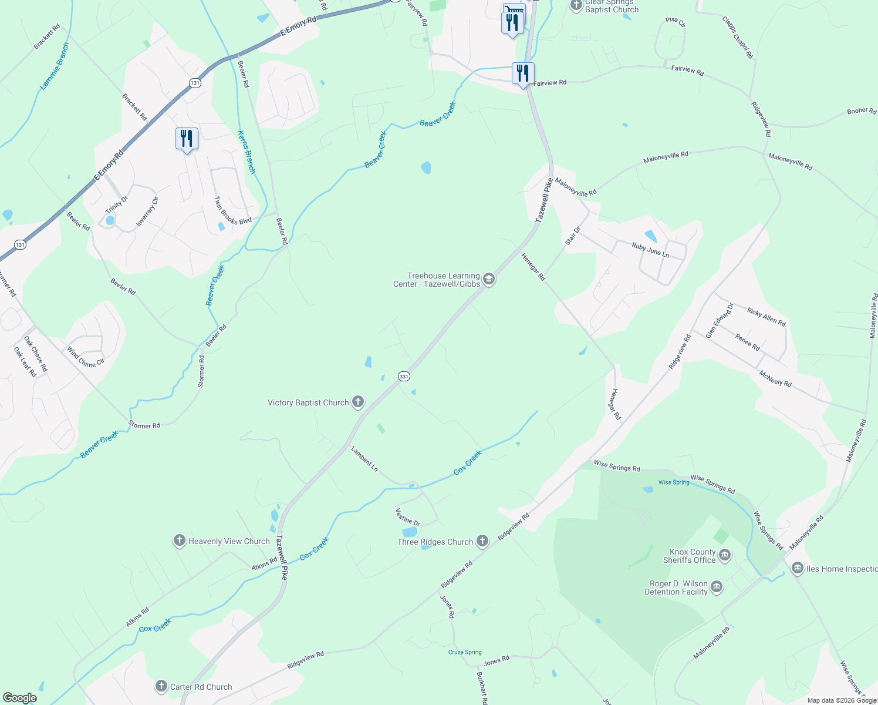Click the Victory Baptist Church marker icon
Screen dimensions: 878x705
(x=357, y=402)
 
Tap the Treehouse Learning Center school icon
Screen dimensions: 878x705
(x=489, y=280)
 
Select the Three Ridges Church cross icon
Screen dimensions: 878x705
(x=482, y=542)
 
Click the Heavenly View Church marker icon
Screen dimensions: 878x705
(x=180, y=541)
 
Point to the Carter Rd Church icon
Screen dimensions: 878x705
(x=161, y=686)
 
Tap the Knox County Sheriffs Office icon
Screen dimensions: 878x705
(x=725, y=556)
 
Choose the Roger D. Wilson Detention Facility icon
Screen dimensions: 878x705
(x=717, y=587)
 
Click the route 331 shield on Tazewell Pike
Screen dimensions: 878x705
(x=403, y=376)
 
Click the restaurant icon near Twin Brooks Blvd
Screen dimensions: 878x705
(x=187, y=139)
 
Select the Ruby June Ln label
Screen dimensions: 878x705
(x=650, y=250)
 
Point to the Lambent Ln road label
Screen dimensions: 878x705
(x=364, y=459)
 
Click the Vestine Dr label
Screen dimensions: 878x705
(x=408, y=517)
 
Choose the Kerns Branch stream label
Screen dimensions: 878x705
(x=246, y=152)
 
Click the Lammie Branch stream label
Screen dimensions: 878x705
(x=55, y=66)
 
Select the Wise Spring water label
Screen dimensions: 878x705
(x=674, y=482)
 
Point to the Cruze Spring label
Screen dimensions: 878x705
(x=465, y=652)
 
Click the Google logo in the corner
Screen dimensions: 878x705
(x=20, y=698)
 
